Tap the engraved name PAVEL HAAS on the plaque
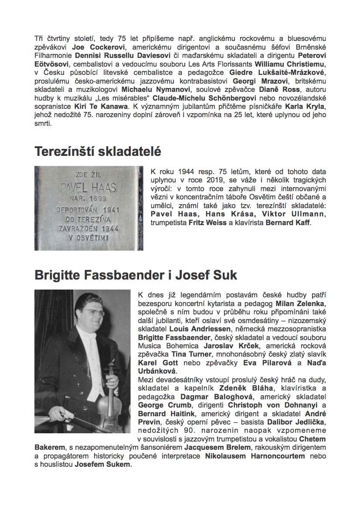coord(89,189)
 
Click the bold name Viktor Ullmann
coord(292,214)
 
